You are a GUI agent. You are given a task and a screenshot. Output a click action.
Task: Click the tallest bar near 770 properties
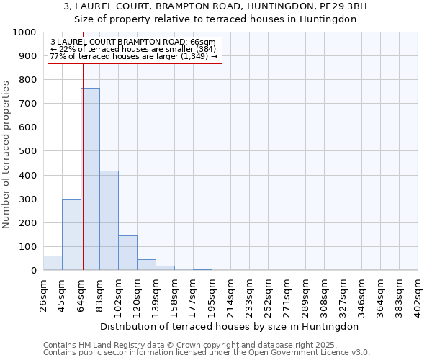90,179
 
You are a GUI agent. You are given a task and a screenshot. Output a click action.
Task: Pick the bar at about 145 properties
127,253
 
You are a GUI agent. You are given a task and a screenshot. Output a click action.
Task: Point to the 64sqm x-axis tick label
81,295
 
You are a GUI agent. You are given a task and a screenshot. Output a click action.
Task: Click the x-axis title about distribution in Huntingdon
229,326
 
